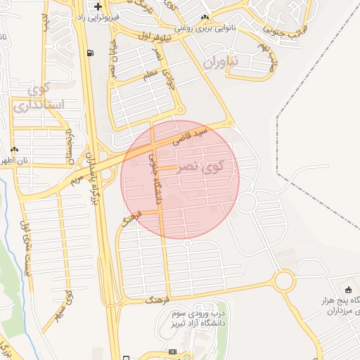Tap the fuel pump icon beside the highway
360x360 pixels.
click(89, 53)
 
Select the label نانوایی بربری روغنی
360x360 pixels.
click(205, 29)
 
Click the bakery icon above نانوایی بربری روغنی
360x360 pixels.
click(205, 17)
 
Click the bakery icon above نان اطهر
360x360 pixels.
click(15, 149)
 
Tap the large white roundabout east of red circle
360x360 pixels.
click(247, 203)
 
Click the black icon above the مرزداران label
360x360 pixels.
click(348, 290)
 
